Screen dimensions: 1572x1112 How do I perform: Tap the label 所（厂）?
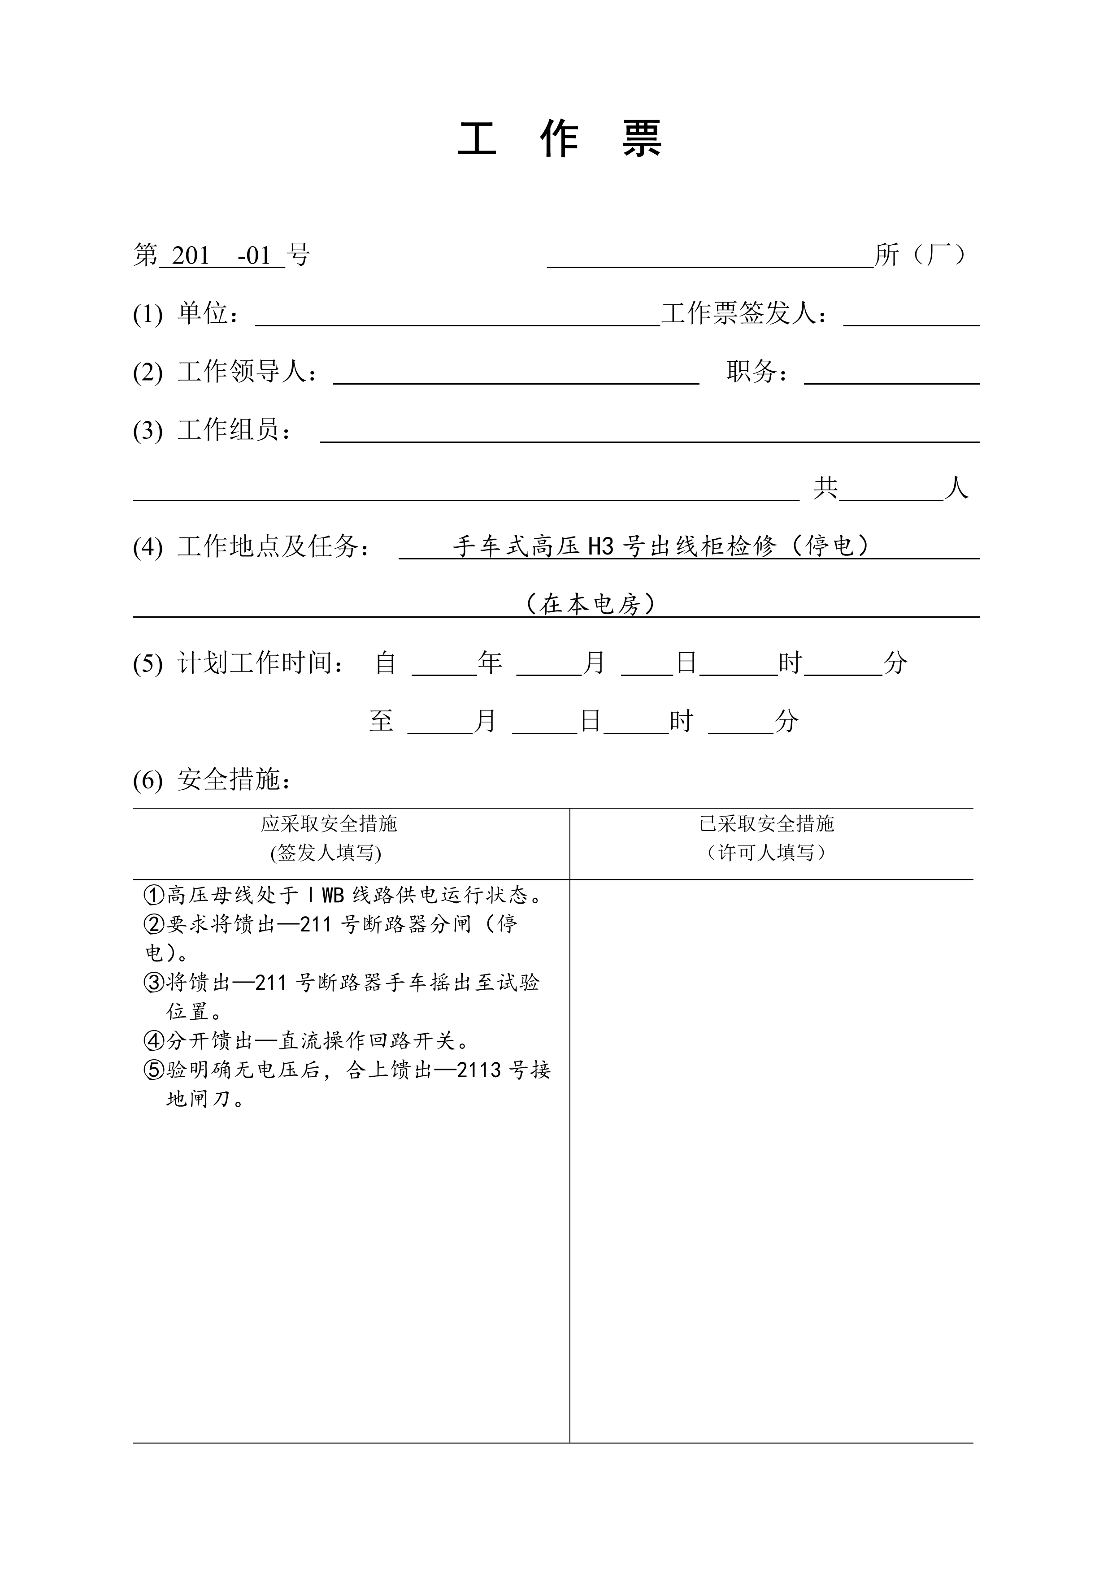tap(921, 255)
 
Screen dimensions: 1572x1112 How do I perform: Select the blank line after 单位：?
tap(457, 318)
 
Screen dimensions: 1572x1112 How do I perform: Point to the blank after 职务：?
tap(891, 376)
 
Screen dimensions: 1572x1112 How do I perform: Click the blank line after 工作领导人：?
tap(516, 376)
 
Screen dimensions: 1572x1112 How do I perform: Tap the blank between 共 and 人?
tap(891, 492)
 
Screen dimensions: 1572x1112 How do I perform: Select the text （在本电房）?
tap(591, 604)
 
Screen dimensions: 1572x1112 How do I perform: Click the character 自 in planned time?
tap(386, 663)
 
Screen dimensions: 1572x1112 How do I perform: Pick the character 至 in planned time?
tap(382, 721)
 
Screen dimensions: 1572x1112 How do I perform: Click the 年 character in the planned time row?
tap(490, 663)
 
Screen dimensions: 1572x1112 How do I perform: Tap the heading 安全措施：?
tap(234, 780)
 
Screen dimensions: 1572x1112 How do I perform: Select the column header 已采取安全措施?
tap(766, 824)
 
